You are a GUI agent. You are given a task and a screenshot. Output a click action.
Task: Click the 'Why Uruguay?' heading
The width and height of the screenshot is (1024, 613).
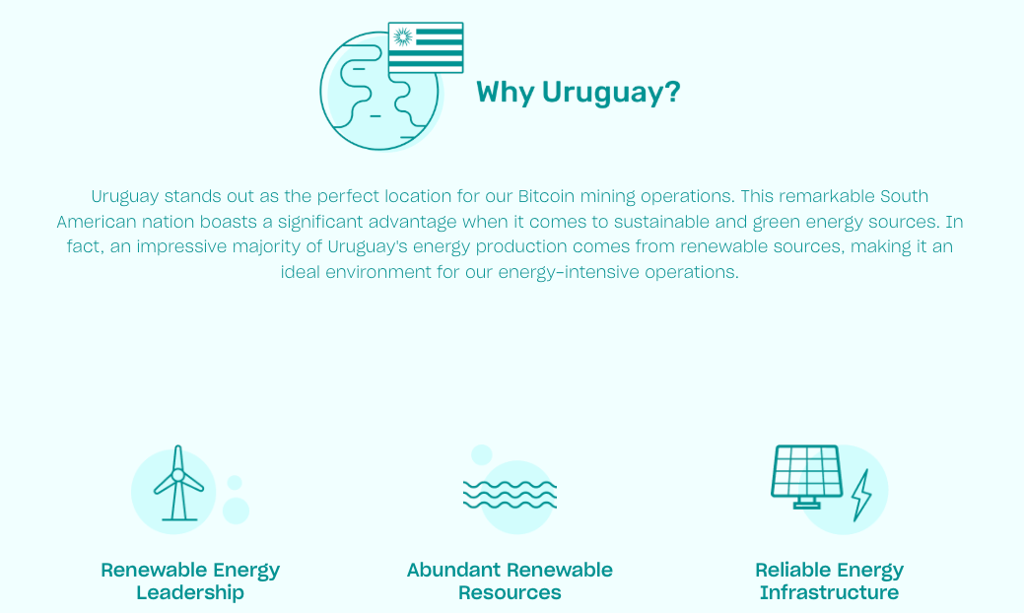click(x=578, y=93)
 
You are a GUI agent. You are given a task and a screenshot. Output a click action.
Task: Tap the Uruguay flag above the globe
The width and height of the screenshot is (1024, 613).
click(x=426, y=47)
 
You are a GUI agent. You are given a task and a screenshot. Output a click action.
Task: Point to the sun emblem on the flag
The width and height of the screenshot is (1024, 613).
click(x=402, y=36)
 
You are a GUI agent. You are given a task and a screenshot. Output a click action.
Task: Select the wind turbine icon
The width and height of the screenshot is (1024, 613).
click(x=178, y=485)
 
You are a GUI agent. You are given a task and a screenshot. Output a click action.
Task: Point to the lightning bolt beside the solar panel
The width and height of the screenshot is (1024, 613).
click(x=861, y=495)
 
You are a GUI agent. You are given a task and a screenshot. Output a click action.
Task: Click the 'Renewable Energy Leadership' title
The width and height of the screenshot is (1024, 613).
click(x=190, y=581)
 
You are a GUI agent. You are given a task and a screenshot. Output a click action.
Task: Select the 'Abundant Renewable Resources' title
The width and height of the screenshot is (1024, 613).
click(x=510, y=581)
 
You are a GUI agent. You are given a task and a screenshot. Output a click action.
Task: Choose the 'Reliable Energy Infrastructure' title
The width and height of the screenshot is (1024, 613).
click(x=829, y=581)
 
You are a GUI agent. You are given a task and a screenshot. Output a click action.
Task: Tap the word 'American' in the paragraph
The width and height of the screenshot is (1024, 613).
click(x=96, y=222)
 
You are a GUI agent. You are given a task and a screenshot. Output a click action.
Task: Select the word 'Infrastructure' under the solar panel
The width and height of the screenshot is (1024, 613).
click(x=829, y=593)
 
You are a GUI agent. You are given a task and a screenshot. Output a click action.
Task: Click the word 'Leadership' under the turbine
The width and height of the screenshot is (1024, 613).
click(x=190, y=593)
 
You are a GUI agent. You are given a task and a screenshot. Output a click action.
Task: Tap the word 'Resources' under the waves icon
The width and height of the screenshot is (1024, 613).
click(x=510, y=593)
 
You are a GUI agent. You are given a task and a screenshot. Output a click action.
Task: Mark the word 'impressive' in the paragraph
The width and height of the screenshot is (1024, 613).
click(x=180, y=246)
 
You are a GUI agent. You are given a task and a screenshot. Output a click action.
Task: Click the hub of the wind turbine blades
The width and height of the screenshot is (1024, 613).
click(x=177, y=475)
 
